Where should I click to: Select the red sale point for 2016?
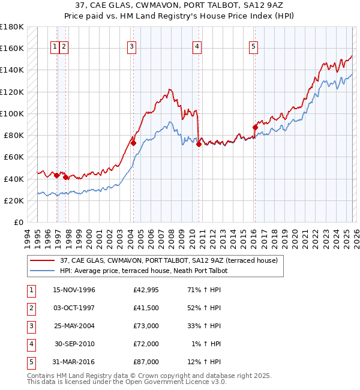point(255,127)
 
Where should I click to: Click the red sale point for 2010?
point(198,144)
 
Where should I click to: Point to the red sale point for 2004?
point(133,143)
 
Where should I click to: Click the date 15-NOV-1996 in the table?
point(74,290)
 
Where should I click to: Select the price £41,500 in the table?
point(146,308)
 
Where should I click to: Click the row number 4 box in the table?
point(31,344)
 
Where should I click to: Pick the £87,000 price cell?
point(146,362)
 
